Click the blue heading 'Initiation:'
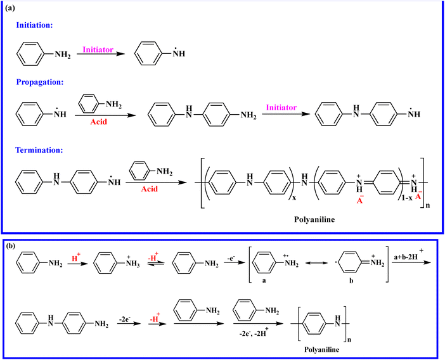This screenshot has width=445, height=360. pos(34,25)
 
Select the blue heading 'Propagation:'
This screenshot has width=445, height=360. pos(40,82)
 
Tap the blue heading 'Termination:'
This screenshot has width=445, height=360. pos(39,150)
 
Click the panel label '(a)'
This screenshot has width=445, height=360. pos(10,8)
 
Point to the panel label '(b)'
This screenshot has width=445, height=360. pos(11,246)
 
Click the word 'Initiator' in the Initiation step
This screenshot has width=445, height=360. pos(98,49)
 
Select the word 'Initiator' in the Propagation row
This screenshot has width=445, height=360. pos(281,108)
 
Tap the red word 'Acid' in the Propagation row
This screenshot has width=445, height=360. pos(98,122)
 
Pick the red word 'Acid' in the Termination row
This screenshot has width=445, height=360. pos(149,189)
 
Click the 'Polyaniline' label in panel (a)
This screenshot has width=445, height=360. pos(314,219)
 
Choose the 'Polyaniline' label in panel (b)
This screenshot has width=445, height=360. pos(321,349)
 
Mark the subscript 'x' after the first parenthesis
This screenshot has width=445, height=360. pos(294,198)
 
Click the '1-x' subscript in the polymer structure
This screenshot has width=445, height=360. pos(407,198)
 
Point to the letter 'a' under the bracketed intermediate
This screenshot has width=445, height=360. pos(264,280)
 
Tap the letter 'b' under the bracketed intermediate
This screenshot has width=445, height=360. pos(351,281)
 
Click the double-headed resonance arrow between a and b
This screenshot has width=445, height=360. pos(316,263)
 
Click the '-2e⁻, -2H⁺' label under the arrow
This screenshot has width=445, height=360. pos(254,333)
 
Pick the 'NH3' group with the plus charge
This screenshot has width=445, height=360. pos(133,262)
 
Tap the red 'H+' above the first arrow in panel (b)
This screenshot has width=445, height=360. pos(76,257)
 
